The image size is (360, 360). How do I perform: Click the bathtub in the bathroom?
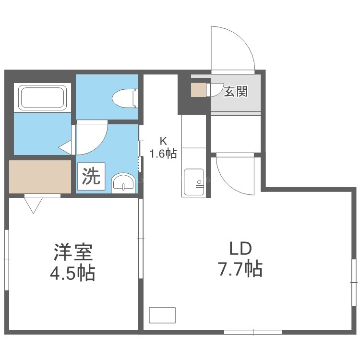coord(42,97)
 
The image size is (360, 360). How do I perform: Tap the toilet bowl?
coord(125,98)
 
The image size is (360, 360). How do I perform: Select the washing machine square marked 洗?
coord(91,176)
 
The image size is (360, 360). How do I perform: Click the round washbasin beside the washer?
coord(123,183)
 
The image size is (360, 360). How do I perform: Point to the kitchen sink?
coord(194,182)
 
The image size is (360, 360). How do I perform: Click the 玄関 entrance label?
coord(236,92)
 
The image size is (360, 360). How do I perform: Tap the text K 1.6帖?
coord(163,147)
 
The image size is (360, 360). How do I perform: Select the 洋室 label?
coord(73,252)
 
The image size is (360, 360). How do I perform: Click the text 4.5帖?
coord(72,273)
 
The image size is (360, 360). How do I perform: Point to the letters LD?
coord(240,249)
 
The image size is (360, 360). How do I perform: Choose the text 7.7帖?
coord(240,269)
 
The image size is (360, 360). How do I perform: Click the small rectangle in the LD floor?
coord(162,315)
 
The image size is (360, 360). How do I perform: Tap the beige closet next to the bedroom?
coord(40,177)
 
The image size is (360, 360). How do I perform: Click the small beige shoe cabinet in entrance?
coord(199,90)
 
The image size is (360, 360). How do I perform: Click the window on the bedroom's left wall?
coord(6,260)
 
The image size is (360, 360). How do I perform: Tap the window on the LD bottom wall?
coord(253,332)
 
